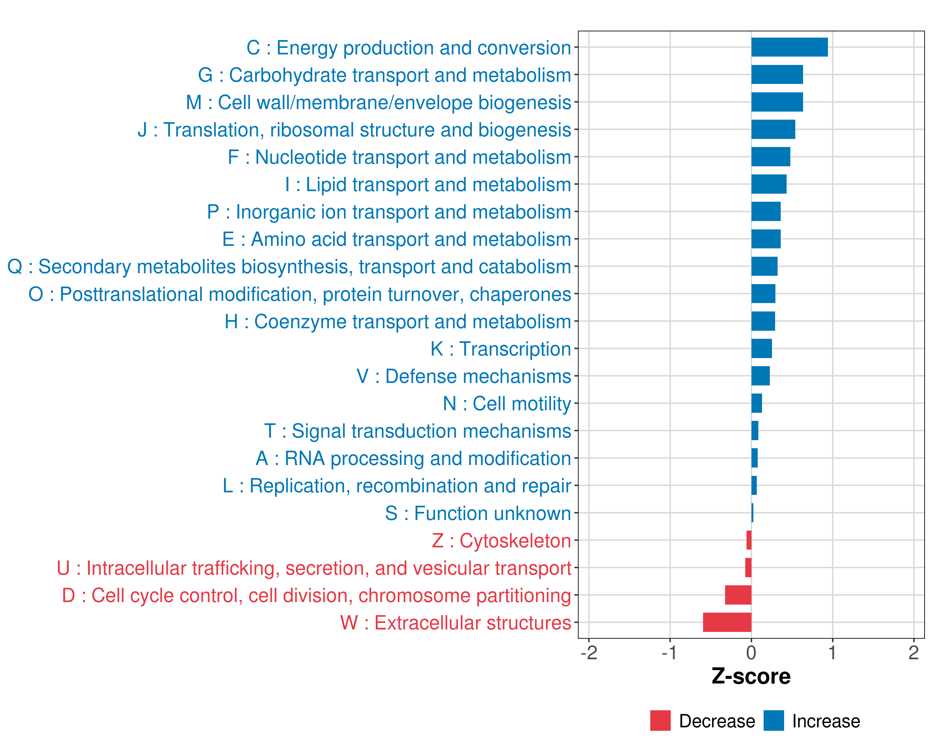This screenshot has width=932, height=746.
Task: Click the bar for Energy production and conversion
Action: pos(789,47)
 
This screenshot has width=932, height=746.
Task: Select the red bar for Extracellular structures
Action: pos(727,622)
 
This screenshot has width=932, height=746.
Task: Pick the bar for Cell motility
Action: pos(756,403)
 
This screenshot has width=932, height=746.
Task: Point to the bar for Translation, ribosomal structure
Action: pos(773,129)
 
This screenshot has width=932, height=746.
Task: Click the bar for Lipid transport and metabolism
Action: pos(769,184)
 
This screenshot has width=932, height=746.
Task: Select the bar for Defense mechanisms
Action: pos(761,376)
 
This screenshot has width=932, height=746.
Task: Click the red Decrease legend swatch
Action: pos(660,721)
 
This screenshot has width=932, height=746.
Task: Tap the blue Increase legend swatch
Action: pos(773,721)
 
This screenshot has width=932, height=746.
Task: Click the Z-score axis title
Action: pos(751,676)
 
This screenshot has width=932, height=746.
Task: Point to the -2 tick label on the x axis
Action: pos(589,652)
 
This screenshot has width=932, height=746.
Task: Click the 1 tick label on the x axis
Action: pos(832,652)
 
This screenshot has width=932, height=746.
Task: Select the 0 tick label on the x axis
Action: pos(751,652)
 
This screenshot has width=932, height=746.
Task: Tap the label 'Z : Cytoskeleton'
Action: pos(501,541)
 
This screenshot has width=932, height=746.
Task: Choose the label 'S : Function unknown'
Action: pos(478,513)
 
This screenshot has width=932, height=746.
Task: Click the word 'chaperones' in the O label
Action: pos(520,294)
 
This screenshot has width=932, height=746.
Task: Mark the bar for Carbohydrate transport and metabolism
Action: pos(777,74)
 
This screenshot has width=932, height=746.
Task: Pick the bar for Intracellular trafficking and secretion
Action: pos(748,567)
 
